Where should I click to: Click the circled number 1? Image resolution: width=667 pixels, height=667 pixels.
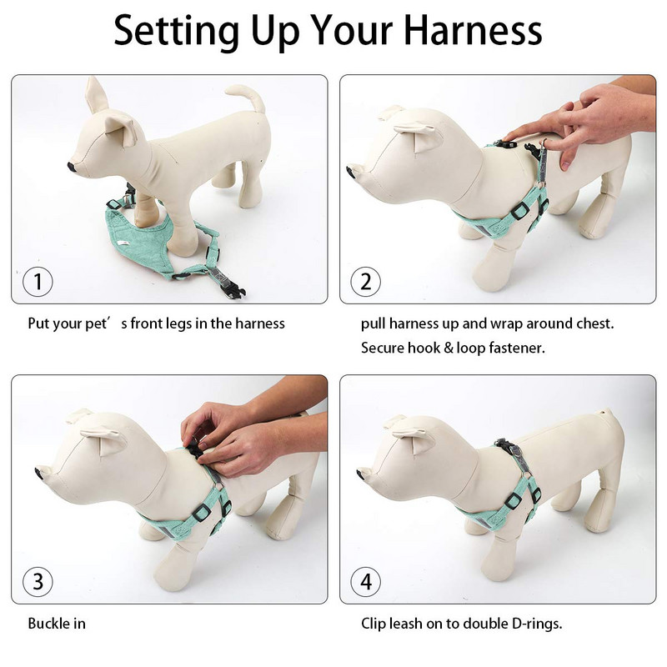[x=38, y=282]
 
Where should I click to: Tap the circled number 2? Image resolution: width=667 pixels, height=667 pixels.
[x=366, y=282]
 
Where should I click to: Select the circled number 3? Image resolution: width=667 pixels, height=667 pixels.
[x=38, y=581]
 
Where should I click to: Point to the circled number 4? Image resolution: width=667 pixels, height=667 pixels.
[x=366, y=581]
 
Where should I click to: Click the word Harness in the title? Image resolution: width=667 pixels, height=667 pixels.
[x=473, y=31]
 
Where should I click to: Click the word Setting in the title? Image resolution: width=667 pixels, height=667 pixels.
[x=176, y=32]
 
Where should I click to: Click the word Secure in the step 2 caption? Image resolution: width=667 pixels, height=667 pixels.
[x=383, y=348]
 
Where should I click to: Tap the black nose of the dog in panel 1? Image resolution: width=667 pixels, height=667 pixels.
[x=72, y=167]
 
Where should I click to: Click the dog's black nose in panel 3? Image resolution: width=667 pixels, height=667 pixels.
[x=40, y=471]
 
